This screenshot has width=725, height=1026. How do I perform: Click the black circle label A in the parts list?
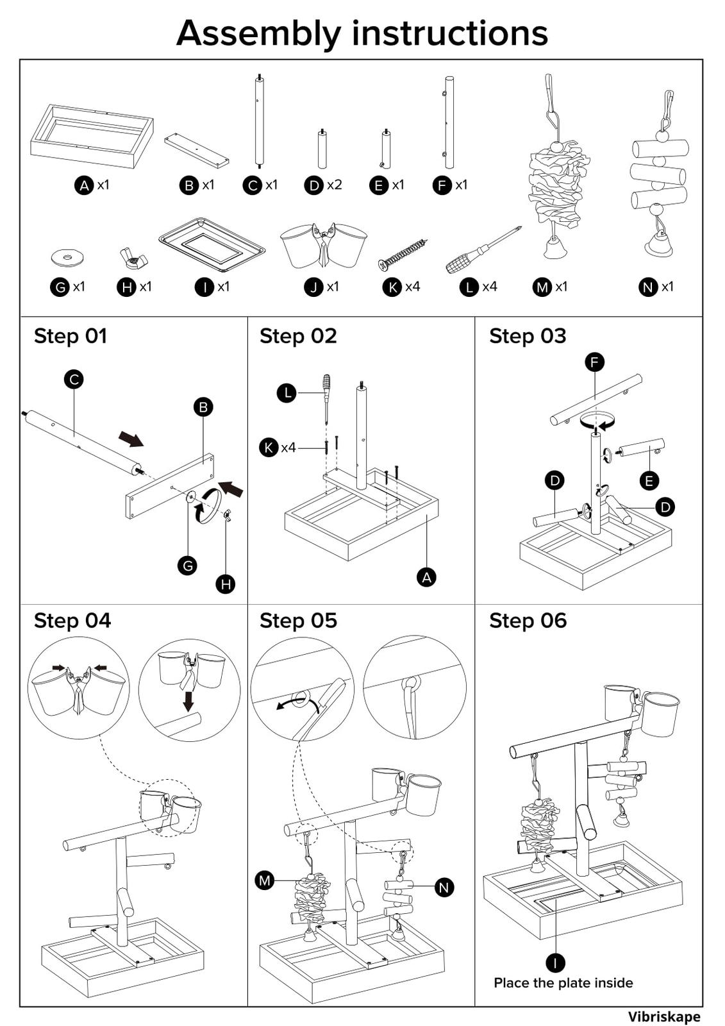[84, 186]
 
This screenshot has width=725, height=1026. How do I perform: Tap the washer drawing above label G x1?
[67, 258]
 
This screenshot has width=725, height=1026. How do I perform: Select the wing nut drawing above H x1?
[134, 259]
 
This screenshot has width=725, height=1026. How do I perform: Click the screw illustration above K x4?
[403, 254]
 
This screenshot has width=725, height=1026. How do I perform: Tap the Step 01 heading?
[71, 336]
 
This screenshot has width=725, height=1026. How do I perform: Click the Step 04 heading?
[72, 621]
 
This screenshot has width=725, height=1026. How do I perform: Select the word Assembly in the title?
[258, 33]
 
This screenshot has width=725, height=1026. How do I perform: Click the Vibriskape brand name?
[663, 1016]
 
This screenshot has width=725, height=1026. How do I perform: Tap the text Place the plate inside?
[563, 983]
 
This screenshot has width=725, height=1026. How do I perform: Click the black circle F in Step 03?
[594, 362]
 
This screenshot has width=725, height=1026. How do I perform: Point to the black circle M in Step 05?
[265, 880]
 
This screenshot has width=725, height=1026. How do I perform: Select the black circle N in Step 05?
[444, 887]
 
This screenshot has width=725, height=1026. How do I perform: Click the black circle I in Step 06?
[555, 963]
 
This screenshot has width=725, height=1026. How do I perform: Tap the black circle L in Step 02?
[287, 392]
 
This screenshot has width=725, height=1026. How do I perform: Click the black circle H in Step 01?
[225, 584]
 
